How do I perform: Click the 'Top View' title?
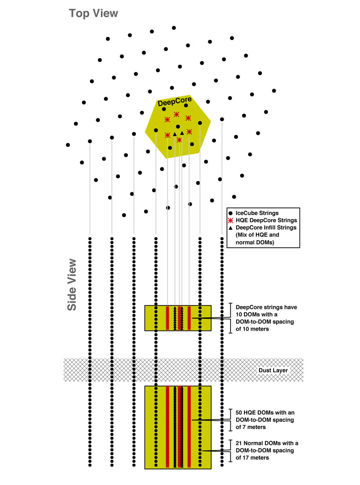click(93, 13)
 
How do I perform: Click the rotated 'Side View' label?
click(72, 284)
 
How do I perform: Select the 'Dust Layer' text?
click(273, 370)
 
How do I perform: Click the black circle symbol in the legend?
click(231, 213)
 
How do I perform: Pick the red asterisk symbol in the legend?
click(231, 220)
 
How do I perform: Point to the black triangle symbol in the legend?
click(231, 228)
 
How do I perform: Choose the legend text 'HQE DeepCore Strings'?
click(266, 220)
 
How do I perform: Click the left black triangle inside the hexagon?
click(175, 134)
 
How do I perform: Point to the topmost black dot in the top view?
click(174, 28)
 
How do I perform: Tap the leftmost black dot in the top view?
click(68, 145)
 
